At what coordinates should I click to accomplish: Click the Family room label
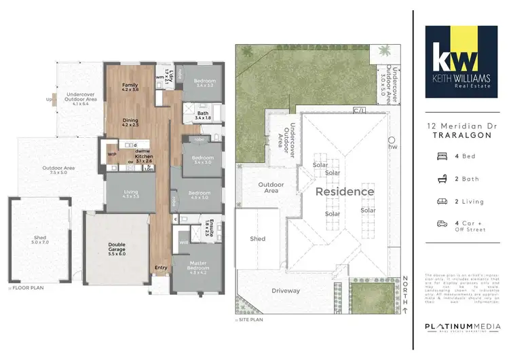(130, 87)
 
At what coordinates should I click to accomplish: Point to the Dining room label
(130, 122)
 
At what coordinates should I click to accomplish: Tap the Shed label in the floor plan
(40, 240)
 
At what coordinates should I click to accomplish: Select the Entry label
(161, 267)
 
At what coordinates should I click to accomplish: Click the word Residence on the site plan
(344, 192)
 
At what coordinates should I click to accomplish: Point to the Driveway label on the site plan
(286, 291)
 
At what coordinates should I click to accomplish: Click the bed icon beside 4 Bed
(442, 156)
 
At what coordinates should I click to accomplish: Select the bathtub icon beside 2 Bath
(442, 179)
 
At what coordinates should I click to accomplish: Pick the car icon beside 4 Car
(442, 223)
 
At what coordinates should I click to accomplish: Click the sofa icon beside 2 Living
(442, 201)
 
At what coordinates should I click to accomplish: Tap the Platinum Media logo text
(459, 327)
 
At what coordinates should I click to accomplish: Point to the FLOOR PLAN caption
(27, 288)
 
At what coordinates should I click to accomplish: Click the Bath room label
(203, 115)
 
